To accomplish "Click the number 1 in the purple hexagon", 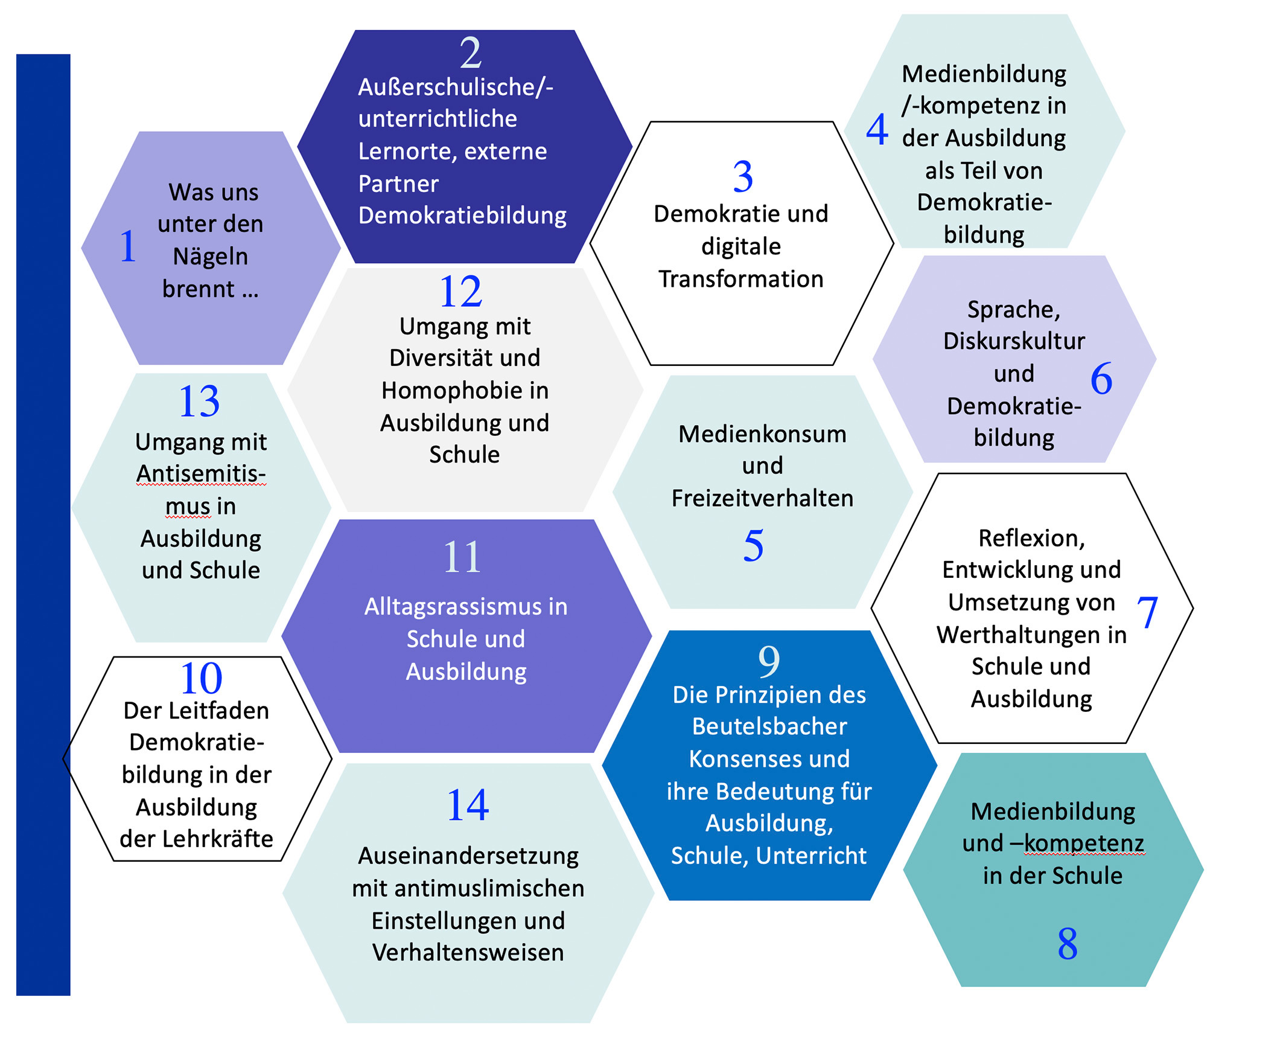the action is tap(128, 246).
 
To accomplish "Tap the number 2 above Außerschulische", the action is tap(471, 53).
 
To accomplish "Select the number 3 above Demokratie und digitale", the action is tap(743, 177).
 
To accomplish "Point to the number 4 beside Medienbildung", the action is tap(877, 129).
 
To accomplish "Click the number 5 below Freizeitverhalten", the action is tap(753, 545).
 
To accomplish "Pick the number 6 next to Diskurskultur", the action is tap(1101, 379).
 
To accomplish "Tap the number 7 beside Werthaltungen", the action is tap(1147, 612).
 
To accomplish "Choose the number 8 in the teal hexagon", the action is tap(1068, 944).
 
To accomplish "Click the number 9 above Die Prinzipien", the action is tap(769, 661).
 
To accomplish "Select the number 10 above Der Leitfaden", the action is tap(201, 678).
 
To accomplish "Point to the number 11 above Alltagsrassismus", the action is tap(462, 557).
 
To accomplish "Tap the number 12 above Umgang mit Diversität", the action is tap(461, 292).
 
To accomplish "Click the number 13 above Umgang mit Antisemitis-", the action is tap(199, 401).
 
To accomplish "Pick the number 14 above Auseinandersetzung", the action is tap(468, 805).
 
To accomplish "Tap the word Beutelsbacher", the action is tap(769, 726).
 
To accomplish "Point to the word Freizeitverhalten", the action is tap(763, 498).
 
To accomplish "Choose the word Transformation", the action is tap(741, 279).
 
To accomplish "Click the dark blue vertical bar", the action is tap(43, 525).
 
